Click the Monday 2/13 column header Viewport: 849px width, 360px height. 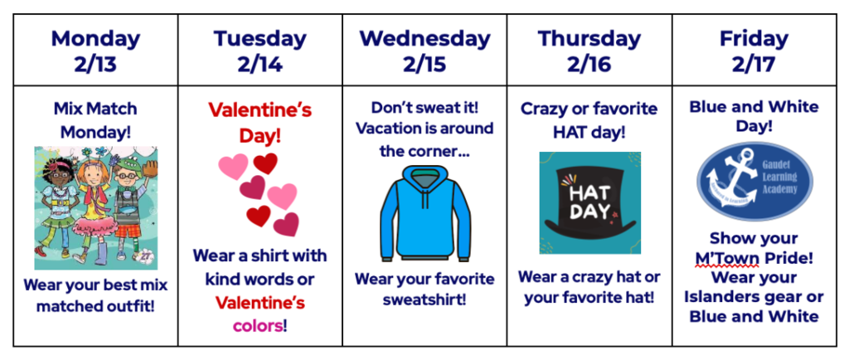coord(96,51)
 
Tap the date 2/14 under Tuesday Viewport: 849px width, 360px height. coord(260,65)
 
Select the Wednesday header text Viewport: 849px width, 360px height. coord(424,39)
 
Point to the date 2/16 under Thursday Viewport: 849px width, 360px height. coord(589,65)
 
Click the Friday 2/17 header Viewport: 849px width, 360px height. coord(754,51)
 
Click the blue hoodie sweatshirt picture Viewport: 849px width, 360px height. coord(425,213)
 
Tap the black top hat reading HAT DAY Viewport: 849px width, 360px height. coord(590,202)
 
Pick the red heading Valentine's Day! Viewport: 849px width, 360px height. coord(260,122)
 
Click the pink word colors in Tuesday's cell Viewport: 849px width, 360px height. coord(258,326)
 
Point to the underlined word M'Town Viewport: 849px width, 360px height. coord(727,258)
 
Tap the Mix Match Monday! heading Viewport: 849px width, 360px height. coord(95,120)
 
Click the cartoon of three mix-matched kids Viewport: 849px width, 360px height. coord(96,208)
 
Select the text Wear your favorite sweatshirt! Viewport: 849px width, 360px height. coord(424,289)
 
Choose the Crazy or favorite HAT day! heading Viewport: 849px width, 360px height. coord(589,119)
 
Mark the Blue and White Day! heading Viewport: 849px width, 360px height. coord(754,116)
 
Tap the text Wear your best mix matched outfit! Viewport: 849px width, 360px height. coord(96,295)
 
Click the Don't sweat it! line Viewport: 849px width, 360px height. coord(424,107)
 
